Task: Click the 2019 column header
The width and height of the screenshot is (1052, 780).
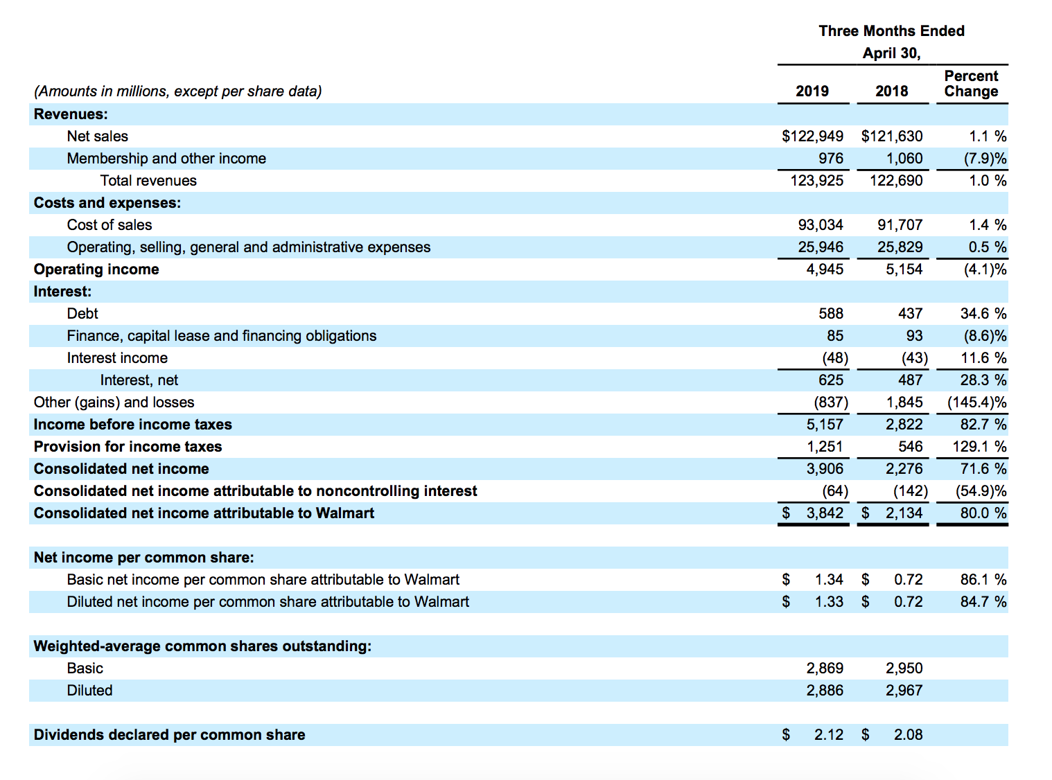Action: (812, 91)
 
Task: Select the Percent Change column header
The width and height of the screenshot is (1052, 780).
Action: (971, 84)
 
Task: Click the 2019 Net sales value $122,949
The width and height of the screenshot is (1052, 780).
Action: (812, 136)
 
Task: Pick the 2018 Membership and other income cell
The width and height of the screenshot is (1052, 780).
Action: (904, 159)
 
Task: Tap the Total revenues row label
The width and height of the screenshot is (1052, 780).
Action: (148, 181)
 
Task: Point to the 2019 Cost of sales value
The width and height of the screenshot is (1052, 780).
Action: (821, 225)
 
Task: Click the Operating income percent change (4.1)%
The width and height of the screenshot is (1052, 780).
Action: (985, 269)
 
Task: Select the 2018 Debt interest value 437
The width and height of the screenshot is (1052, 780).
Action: (910, 314)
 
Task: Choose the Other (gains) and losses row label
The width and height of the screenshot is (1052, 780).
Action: (114, 402)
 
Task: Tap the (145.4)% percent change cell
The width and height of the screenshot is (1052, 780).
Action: (976, 402)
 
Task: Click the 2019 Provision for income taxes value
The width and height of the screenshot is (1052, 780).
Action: (825, 447)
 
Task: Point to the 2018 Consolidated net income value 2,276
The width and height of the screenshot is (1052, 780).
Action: (904, 469)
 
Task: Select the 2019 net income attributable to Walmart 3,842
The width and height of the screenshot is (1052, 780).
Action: (825, 513)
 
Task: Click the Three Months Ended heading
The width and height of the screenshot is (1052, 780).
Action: (891, 31)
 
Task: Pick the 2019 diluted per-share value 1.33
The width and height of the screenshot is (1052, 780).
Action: (829, 602)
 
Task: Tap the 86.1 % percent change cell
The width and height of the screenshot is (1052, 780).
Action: (983, 580)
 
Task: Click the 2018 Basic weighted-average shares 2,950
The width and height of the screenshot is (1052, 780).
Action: (904, 668)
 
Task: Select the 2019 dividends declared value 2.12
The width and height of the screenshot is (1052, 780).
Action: (828, 735)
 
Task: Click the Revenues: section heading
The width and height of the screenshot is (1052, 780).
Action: (71, 114)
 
